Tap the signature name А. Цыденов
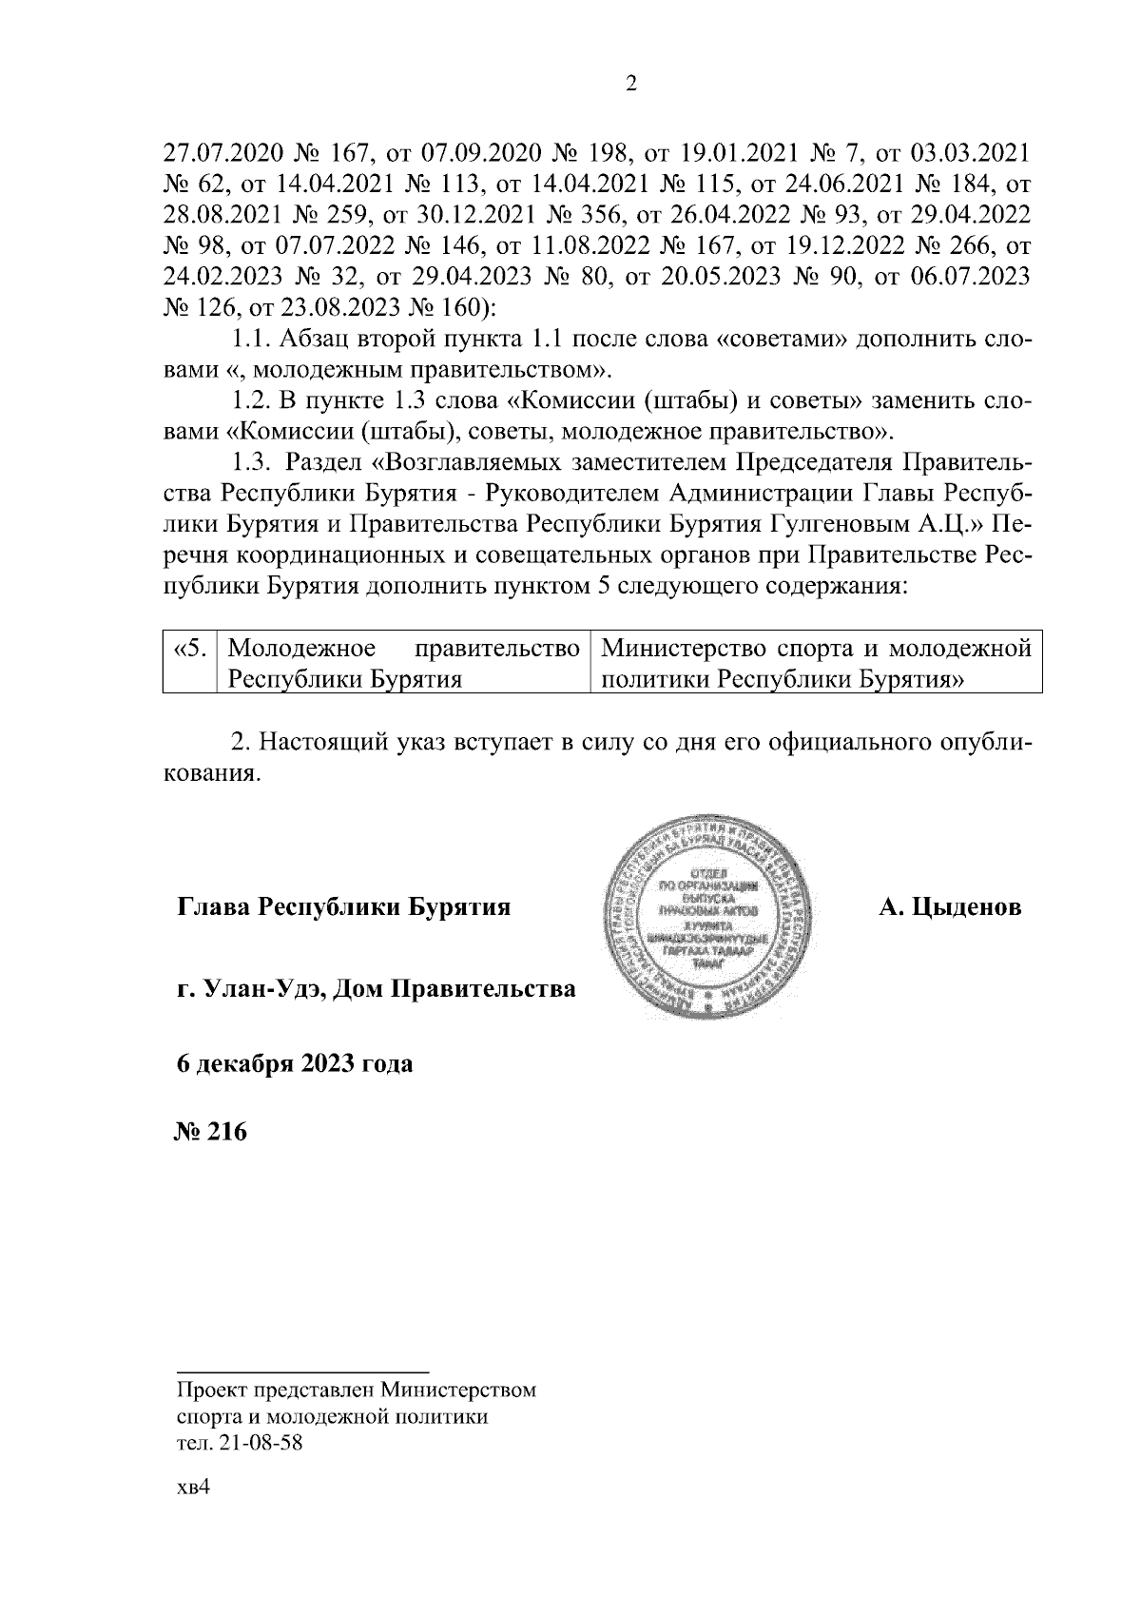(x=950, y=907)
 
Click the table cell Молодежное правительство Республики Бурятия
(x=404, y=665)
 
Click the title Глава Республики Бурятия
(x=344, y=907)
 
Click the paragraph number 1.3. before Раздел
(x=252, y=463)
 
